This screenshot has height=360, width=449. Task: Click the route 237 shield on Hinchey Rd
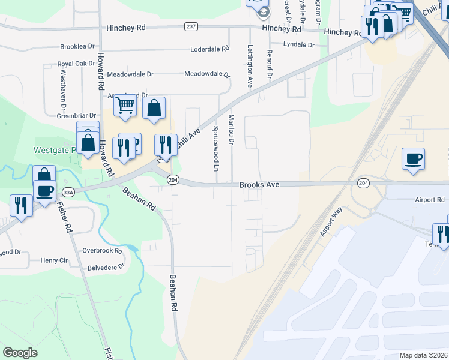[x=191, y=26]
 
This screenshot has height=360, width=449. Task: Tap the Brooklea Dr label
[x=77, y=46]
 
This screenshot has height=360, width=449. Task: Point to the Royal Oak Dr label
[x=73, y=63]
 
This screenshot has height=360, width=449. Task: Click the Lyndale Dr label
[x=299, y=45]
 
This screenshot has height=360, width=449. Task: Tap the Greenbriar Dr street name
[x=76, y=115]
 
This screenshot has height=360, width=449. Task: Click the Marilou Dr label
[x=231, y=130]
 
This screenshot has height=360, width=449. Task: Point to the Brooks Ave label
[x=260, y=185]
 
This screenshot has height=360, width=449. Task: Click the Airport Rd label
[x=430, y=200]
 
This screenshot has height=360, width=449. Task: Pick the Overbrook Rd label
[x=102, y=250]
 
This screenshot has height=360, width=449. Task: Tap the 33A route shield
[x=68, y=193]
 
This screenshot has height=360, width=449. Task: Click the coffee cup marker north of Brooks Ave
[x=413, y=159]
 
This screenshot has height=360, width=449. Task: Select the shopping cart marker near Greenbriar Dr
[x=125, y=106]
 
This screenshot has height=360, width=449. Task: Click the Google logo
[x=20, y=353]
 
